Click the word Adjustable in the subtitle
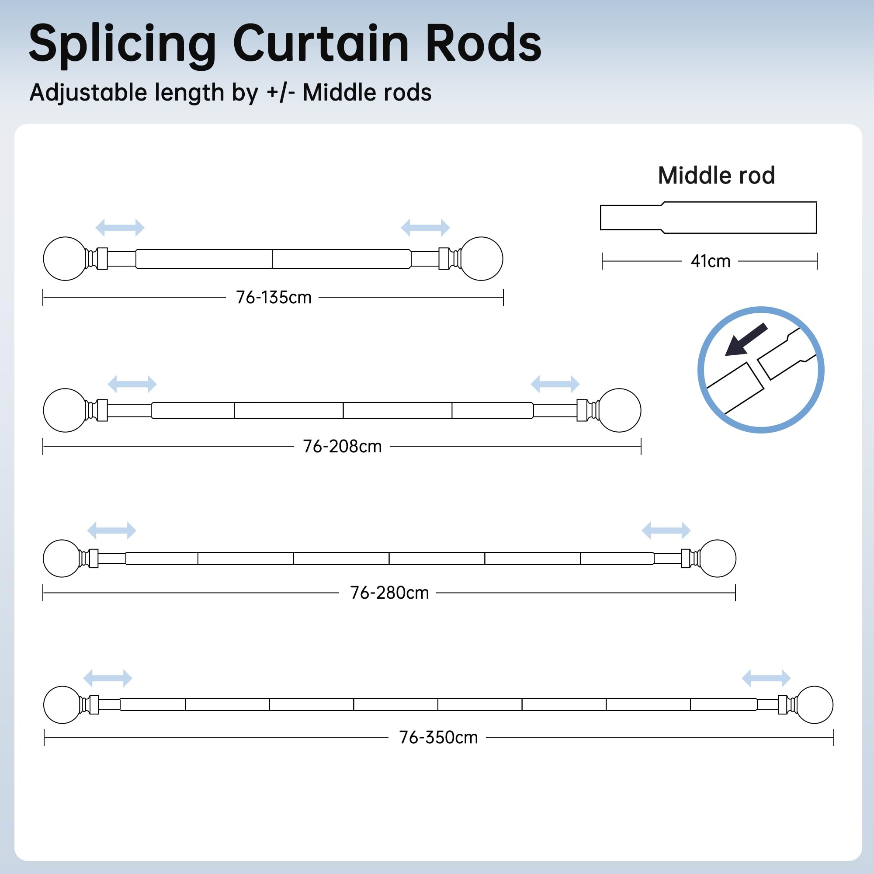(88, 93)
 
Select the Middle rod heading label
(716, 175)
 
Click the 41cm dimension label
(710, 261)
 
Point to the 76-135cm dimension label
(274, 297)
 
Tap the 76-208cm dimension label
(343, 447)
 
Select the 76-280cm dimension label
(389, 593)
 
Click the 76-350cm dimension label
(438, 737)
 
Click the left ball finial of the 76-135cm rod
(65, 259)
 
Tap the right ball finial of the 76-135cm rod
(481, 259)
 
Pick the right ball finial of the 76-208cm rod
(619, 410)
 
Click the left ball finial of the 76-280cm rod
(62, 558)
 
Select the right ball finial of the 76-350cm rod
(814, 705)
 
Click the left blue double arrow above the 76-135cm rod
(120, 228)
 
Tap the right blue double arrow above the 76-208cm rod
(555, 384)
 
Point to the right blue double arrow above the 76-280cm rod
(666, 530)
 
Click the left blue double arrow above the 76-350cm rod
(108, 678)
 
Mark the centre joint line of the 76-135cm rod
(272, 259)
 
